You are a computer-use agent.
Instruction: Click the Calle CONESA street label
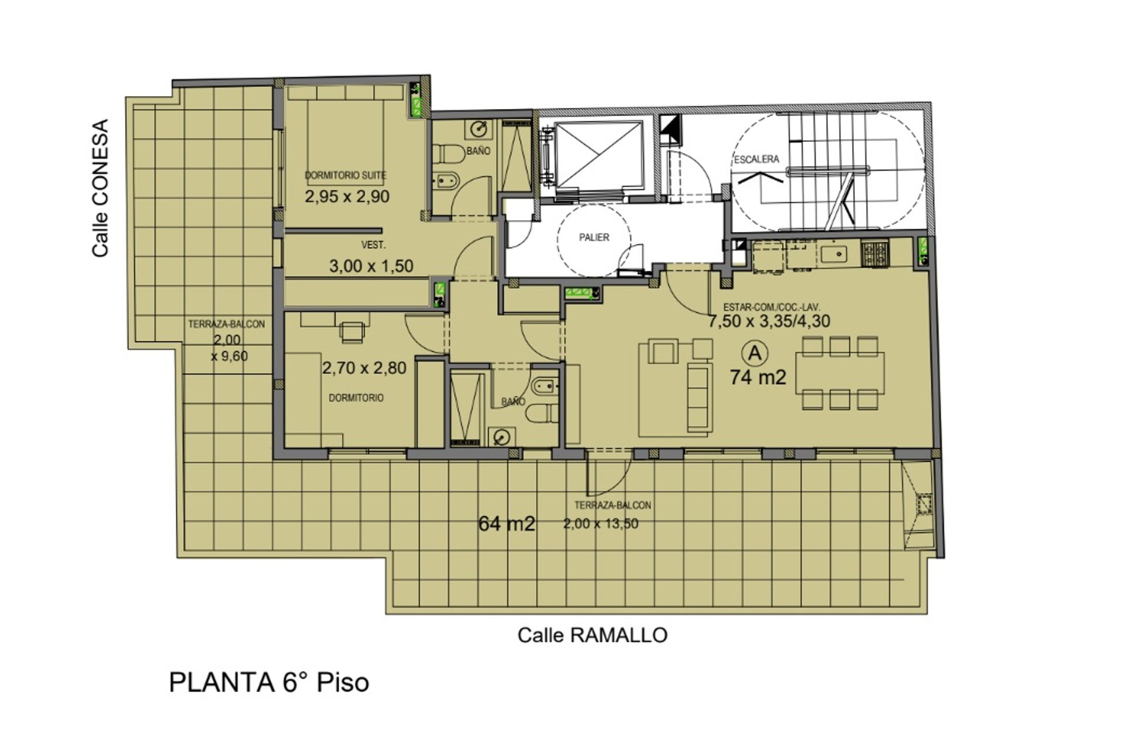click(x=101, y=188)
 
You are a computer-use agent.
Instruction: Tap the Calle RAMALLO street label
click(x=592, y=635)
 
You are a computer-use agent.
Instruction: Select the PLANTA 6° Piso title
click(x=269, y=683)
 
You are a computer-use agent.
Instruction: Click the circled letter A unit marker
click(x=755, y=353)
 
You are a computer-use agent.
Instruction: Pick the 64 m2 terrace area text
click(x=507, y=523)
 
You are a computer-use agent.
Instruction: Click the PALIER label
click(x=594, y=237)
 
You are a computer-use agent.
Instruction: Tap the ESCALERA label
click(x=756, y=159)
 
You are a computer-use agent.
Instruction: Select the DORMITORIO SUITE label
click(x=346, y=175)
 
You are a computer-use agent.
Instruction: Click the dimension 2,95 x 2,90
click(x=347, y=196)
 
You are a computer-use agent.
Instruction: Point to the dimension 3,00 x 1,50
click(x=371, y=266)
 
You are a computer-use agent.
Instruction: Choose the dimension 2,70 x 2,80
click(x=364, y=368)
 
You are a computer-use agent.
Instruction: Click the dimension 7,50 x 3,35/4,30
click(x=769, y=321)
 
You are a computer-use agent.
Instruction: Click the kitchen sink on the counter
click(x=834, y=254)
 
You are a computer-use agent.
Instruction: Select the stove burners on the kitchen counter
click(x=875, y=253)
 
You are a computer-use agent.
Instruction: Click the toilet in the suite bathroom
click(x=448, y=154)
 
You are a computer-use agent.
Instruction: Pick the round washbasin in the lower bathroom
click(x=501, y=437)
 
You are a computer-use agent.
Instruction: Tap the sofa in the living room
click(x=699, y=397)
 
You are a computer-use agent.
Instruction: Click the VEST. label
click(x=373, y=246)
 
